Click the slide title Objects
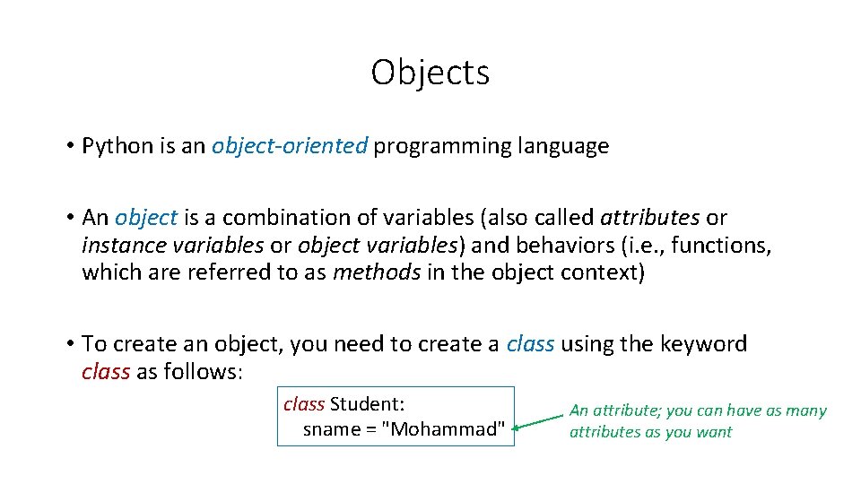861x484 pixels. pos(430,73)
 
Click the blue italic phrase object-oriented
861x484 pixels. pos(290,146)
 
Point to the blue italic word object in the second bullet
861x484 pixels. pos(146,218)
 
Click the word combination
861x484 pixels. pos(286,218)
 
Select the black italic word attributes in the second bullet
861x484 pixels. pos(649,218)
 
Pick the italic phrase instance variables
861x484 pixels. pos(172,245)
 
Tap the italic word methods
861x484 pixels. pos(376,272)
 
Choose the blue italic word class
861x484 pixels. pos(530,344)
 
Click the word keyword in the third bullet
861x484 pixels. pos(703,344)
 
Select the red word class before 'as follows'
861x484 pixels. pos(105,371)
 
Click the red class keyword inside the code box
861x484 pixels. pos(303,404)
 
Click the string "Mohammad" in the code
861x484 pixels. pos(443,429)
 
